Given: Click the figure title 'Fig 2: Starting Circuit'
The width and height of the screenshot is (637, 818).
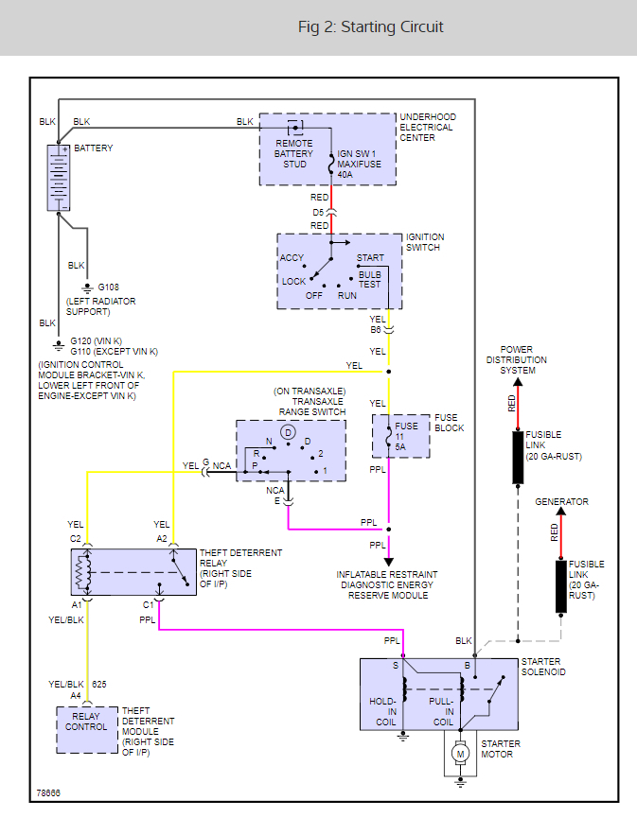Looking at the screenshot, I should [x=370, y=26].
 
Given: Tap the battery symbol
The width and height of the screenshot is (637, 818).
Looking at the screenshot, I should [x=59, y=177].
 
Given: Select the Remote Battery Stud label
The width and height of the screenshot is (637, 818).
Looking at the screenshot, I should [x=293, y=153].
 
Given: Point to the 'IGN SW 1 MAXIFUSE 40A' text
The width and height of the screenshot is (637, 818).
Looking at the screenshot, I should [x=359, y=164].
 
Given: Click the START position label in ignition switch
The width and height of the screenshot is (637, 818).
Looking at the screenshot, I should [x=370, y=257].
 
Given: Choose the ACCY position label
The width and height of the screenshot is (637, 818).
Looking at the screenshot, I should [x=292, y=257].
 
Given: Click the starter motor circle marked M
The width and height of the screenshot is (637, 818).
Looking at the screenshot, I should [x=461, y=753].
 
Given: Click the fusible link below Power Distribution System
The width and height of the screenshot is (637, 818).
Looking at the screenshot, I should [x=519, y=457].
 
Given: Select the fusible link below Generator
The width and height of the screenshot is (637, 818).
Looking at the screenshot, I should [x=561, y=585].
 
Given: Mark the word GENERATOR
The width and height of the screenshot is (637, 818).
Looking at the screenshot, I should [x=561, y=502].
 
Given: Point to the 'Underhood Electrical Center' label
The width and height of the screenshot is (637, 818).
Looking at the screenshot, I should [x=427, y=127].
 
